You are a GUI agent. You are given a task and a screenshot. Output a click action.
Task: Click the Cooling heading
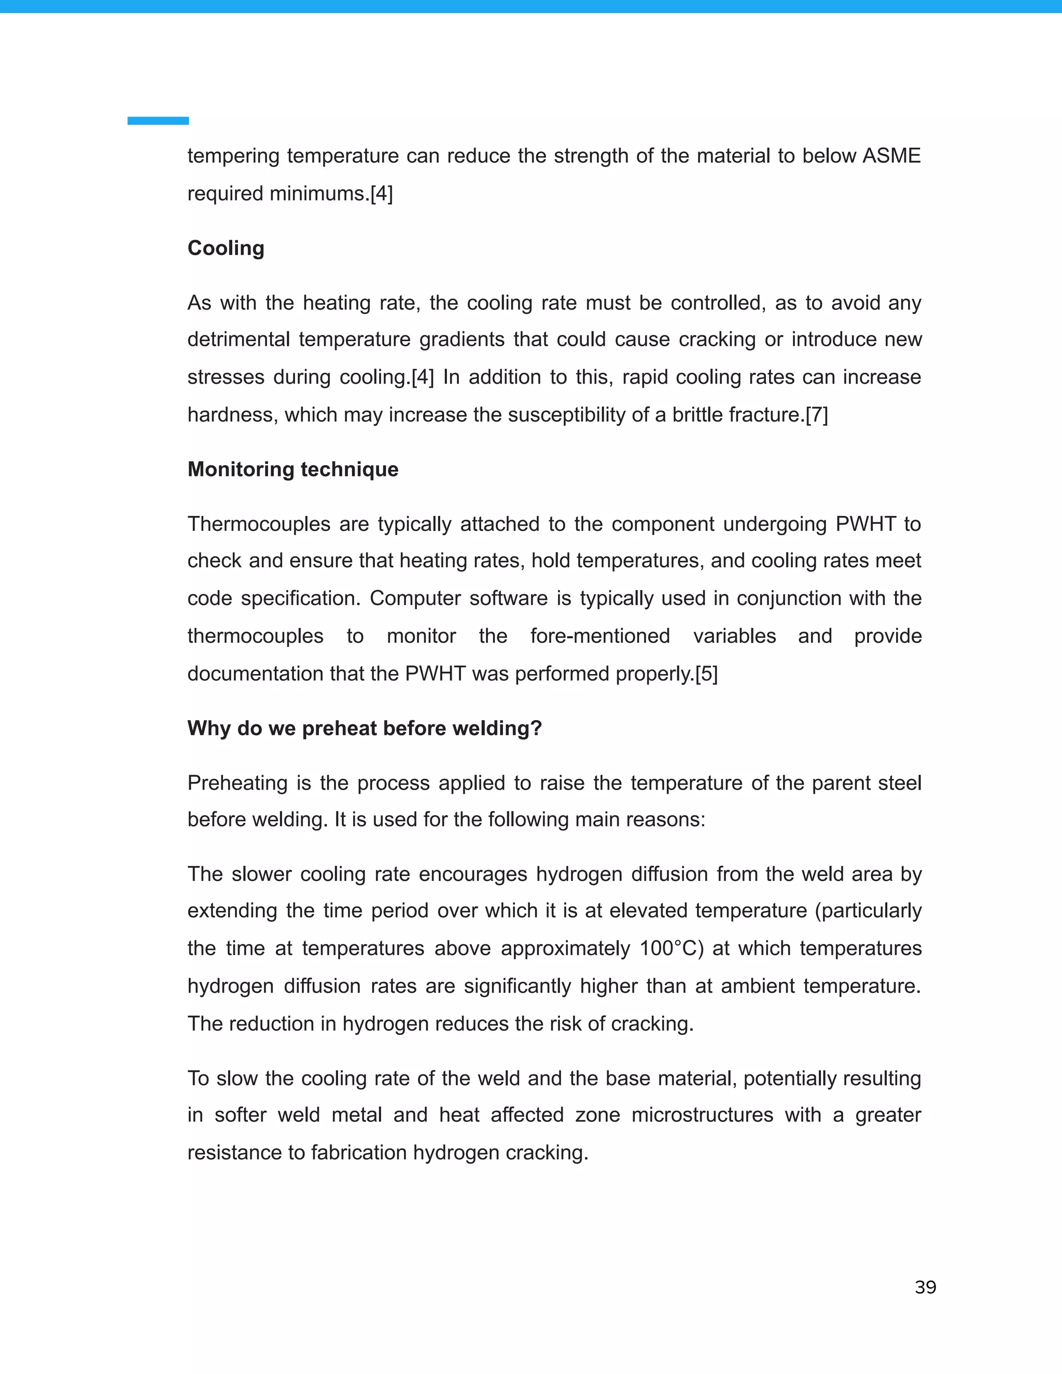tap(226, 248)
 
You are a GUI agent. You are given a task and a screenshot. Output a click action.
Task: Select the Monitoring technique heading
tap(292, 469)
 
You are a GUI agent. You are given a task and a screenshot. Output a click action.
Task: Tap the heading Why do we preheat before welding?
tap(364, 728)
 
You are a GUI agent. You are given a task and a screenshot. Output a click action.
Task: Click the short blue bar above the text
tap(158, 121)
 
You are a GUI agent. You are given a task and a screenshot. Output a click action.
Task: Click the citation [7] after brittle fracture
tap(817, 415)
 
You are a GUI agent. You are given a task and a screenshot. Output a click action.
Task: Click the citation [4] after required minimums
tap(381, 193)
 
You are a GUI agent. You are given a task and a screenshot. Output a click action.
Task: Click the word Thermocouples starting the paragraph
tap(259, 524)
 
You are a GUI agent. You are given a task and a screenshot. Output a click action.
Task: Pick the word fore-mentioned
tap(599, 636)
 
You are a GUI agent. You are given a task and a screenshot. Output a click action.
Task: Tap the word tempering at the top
tap(233, 156)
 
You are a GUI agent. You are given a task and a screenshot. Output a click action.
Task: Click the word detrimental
tap(239, 340)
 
